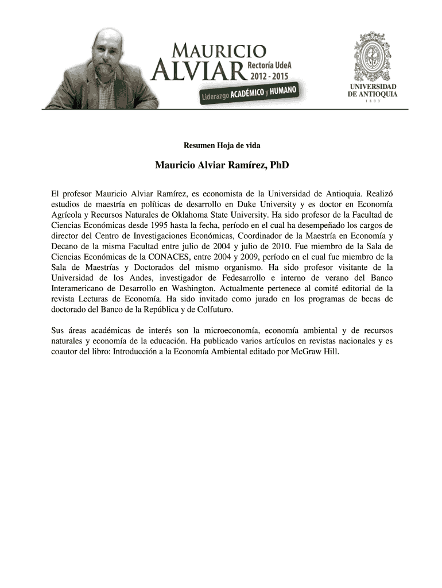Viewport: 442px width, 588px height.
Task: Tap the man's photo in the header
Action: pyautogui.click(x=98, y=69)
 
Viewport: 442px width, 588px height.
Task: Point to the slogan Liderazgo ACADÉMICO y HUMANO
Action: pyautogui.click(x=248, y=92)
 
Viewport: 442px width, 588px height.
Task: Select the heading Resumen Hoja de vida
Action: pyautogui.click(x=222, y=145)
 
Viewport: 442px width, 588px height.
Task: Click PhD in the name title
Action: pyautogui.click(x=278, y=166)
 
